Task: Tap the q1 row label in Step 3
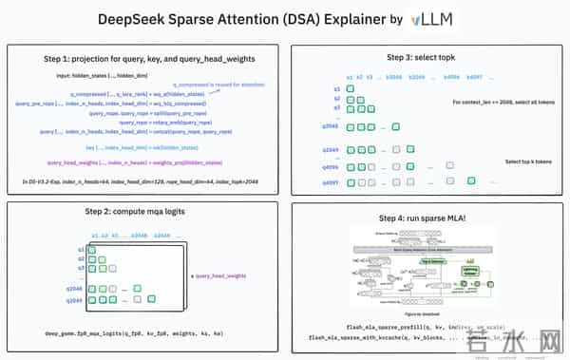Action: point(336,88)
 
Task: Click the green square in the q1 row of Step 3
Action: point(350,88)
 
